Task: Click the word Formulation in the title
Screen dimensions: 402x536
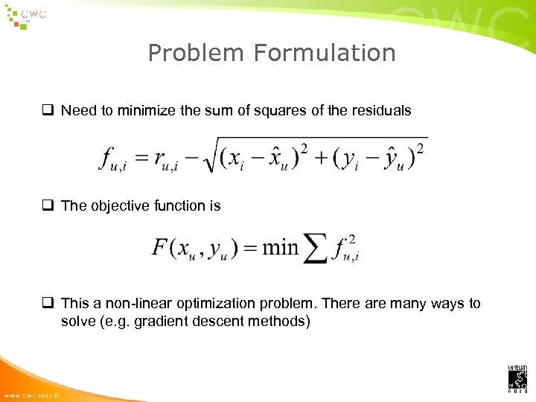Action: (x=324, y=53)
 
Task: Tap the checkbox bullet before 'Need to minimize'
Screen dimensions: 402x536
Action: (x=50, y=110)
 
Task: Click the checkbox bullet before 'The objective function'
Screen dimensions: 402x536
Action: (x=50, y=205)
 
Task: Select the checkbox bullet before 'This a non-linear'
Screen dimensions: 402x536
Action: (x=50, y=304)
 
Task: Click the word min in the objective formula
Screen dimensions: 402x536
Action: (x=280, y=246)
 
